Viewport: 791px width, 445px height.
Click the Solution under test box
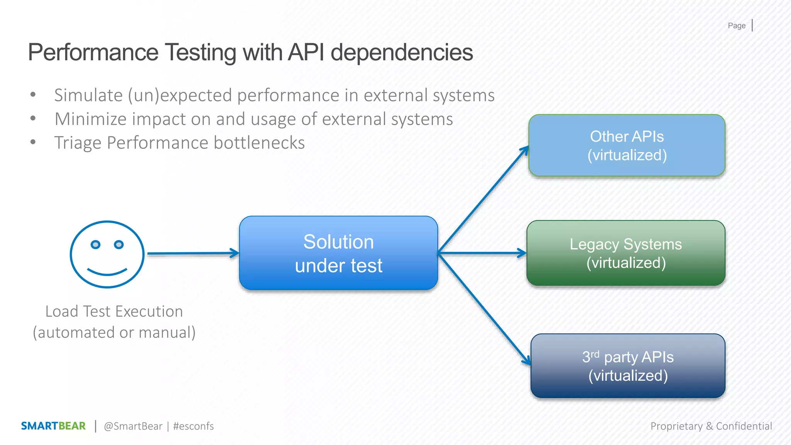click(x=338, y=253)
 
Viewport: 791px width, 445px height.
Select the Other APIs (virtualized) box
click(x=626, y=146)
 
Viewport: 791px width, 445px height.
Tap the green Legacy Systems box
click(x=626, y=253)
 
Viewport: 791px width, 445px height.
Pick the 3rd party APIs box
click(x=628, y=366)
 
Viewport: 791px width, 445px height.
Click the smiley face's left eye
click(x=95, y=245)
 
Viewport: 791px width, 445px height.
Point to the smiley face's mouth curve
click(x=107, y=273)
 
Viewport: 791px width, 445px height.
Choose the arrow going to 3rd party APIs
click(x=485, y=309)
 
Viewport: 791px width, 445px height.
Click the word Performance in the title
click(x=93, y=53)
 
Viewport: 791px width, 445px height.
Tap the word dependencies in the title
click(x=402, y=53)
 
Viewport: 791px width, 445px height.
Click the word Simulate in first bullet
click(x=88, y=95)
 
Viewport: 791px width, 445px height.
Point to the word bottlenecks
click(x=259, y=143)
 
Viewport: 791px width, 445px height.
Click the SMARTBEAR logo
click(x=53, y=426)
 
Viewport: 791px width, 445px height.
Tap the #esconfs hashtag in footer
click(x=194, y=426)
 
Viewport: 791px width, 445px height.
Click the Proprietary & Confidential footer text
click(x=711, y=426)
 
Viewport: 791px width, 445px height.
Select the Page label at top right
click(x=737, y=25)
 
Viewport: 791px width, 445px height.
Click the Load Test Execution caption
click(x=114, y=311)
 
